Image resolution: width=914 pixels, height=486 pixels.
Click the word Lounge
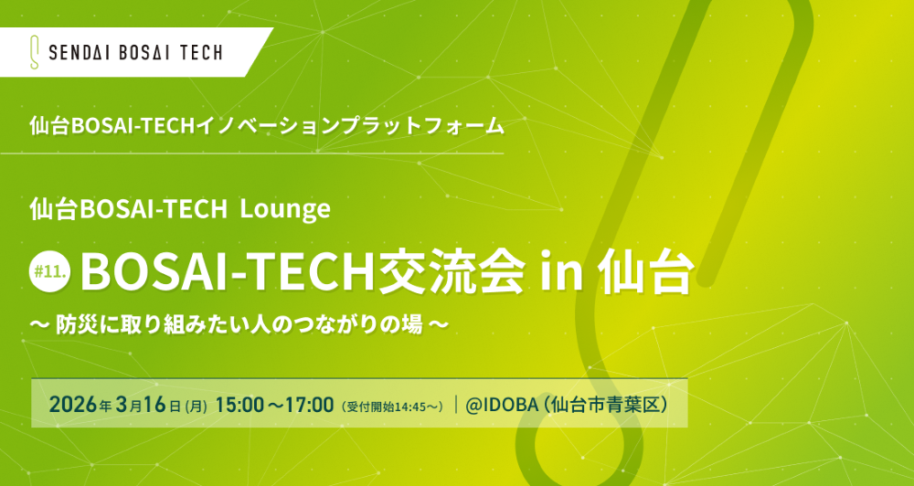284,209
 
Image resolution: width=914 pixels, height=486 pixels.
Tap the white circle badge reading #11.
52,271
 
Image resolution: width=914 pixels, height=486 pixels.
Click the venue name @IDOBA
504,405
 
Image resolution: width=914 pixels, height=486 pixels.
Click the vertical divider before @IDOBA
455,405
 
